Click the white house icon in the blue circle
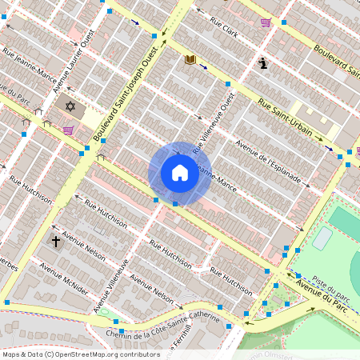pos(180,173)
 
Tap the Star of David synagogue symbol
pos(70,106)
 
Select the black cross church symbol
pos(56,240)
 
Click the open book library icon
pos(190,59)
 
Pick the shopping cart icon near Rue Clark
pos(266,22)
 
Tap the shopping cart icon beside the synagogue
pos(69,130)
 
